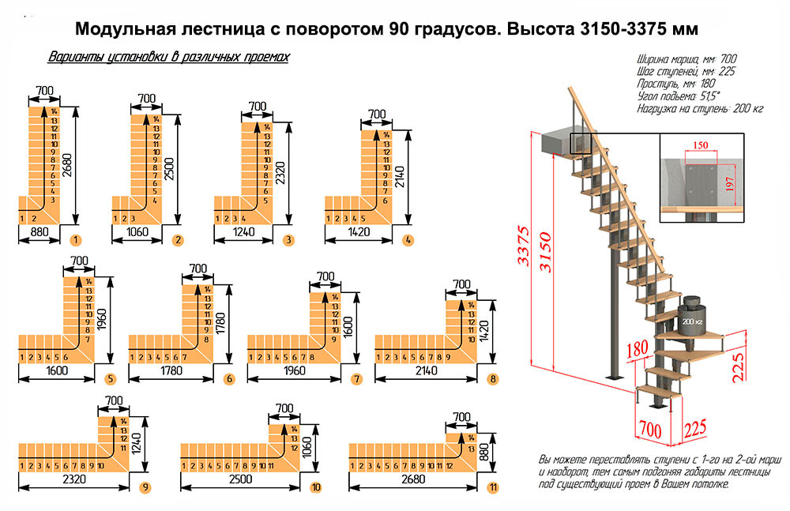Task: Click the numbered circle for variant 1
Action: click(77, 239)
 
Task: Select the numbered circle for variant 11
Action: click(493, 487)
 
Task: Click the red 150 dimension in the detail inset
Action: click(698, 146)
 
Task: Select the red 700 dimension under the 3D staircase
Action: click(649, 430)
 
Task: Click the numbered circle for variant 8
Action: click(494, 379)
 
